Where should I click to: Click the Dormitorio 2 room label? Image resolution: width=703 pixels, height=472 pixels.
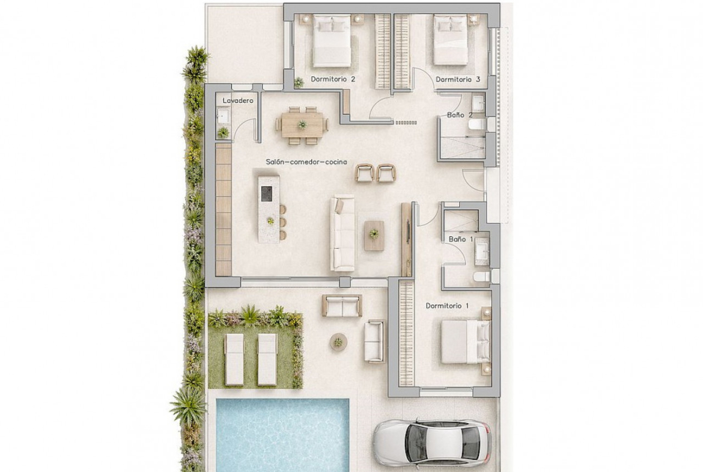tap(333, 79)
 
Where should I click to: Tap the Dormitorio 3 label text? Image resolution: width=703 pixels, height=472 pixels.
tap(458, 79)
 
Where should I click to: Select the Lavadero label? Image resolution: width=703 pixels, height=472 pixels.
tap(238, 100)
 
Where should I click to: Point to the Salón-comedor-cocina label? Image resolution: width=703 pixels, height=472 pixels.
tap(306, 162)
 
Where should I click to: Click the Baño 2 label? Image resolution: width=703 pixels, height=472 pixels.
tap(460, 115)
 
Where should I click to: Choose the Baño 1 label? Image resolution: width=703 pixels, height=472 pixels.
tap(461, 239)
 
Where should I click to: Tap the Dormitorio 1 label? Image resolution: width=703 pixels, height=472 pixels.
tap(447, 306)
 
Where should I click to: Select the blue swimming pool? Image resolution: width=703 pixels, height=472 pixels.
tap(282, 434)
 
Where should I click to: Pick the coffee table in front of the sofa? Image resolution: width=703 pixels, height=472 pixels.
tap(374, 235)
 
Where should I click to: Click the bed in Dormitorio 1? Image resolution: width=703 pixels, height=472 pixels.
tap(466, 342)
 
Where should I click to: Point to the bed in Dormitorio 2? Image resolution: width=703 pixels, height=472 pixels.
tap(331, 39)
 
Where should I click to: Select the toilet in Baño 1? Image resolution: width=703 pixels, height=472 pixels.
tap(482, 277)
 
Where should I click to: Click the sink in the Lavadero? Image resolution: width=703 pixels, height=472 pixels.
tap(223, 115)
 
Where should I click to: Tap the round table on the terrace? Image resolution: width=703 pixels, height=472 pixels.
tap(338, 342)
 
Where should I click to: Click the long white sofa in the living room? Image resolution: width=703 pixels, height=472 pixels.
tap(342, 234)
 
